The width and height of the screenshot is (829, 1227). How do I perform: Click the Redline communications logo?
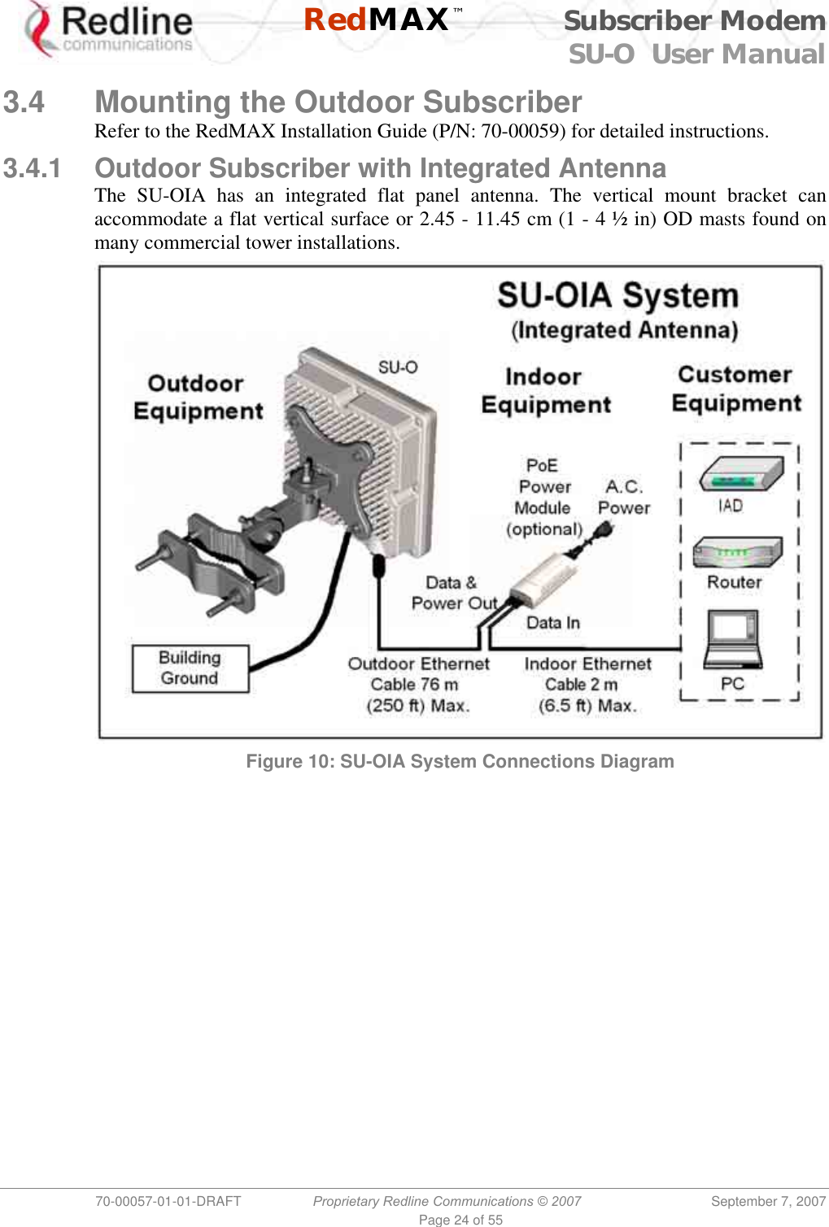(x=110, y=31)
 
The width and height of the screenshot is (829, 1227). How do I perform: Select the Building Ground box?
(x=190, y=668)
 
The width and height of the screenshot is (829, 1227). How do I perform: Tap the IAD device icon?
(x=741, y=474)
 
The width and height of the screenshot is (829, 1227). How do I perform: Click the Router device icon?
(x=737, y=553)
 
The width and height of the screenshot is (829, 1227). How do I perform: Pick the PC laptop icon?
(x=733, y=638)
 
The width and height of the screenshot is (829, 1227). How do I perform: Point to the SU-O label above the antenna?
(x=398, y=368)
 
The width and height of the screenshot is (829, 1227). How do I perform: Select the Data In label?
(x=553, y=623)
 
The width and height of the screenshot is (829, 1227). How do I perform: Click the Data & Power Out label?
(x=453, y=593)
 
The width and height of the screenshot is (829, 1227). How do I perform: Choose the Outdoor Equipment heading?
(x=198, y=397)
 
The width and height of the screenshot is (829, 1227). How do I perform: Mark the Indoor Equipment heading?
(x=545, y=391)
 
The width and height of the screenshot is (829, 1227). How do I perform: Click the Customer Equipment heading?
(x=736, y=389)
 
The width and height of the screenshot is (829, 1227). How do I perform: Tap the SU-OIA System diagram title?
(x=618, y=296)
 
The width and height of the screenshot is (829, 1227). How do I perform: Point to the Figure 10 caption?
(x=460, y=761)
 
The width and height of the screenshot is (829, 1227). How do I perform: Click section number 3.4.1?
(x=33, y=168)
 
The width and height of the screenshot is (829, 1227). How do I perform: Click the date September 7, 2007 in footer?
(x=768, y=1201)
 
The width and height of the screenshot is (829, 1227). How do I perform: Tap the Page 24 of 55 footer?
(x=460, y=1220)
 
